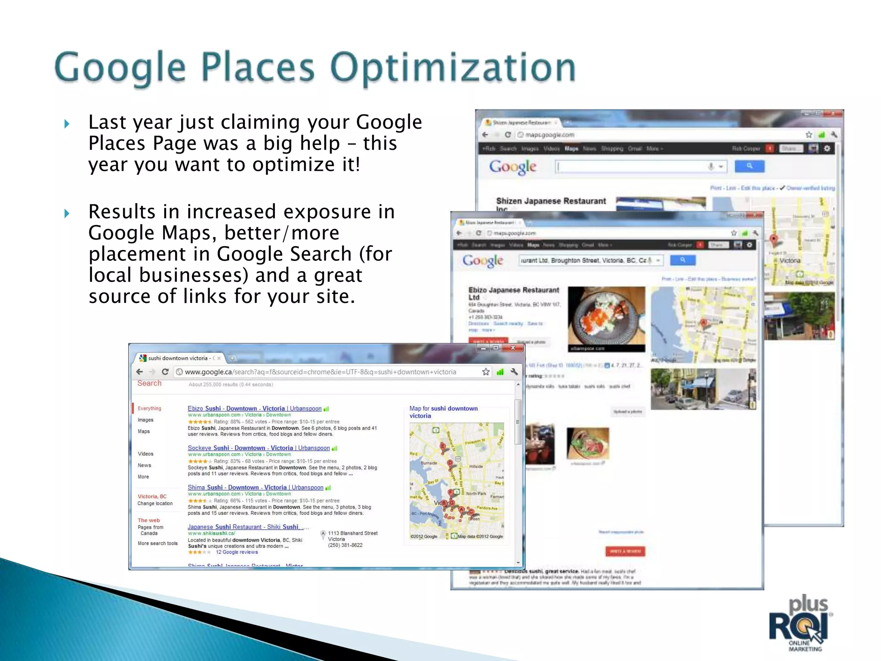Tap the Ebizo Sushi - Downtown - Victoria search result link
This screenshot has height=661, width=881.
coord(254,408)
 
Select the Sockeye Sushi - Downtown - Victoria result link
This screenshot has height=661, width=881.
coord(259,448)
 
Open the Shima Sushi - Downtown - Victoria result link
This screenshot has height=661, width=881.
coord(255,488)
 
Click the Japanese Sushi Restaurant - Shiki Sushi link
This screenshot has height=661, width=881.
coord(243,527)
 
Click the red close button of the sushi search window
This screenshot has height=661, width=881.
coord(513,348)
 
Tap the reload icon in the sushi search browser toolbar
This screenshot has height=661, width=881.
coord(165,372)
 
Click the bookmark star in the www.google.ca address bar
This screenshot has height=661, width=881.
coord(486,372)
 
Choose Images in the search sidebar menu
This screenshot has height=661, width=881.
coord(145,420)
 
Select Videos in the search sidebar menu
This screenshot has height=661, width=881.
coord(145,454)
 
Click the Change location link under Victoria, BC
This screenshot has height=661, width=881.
coord(155,503)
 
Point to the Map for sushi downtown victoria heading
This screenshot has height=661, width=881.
coord(443,412)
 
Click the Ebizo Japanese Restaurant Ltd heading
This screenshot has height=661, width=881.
coord(514,293)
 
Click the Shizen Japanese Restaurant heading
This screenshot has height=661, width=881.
coord(551,201)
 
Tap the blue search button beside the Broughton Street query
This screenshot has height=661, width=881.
coord(683,260)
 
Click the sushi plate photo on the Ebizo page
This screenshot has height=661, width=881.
coord(606,318)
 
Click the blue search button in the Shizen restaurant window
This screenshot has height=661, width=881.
coord(749,166)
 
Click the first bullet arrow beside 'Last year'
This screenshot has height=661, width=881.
coord(67,124)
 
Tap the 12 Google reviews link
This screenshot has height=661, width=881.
coord(237,552)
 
